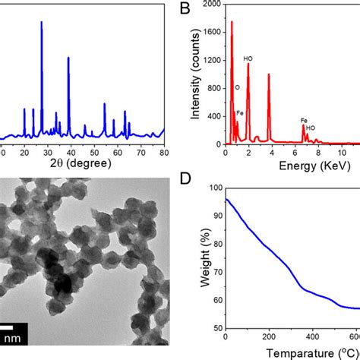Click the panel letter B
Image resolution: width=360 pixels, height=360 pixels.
184,11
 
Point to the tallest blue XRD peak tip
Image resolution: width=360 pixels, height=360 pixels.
41,22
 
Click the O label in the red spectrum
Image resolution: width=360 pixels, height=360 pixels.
237,87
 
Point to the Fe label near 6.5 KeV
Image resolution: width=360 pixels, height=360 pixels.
304,120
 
